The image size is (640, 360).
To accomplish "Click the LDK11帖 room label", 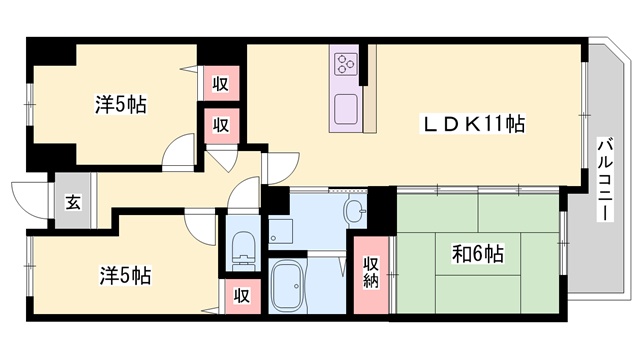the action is (x=473, y=124).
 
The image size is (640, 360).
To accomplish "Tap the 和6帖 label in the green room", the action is (x=478, y=254).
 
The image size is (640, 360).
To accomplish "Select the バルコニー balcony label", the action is (x=606, y=180).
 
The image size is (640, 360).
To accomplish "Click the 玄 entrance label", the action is (x=73, y=202).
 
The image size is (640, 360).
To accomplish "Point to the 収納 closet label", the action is (x=371, y=272).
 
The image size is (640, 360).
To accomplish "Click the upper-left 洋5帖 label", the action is (x=121, y=104).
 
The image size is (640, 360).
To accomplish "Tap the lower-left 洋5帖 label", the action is (x=125, y=276).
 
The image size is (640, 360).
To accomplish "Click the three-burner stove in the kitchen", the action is (x=346, y=64).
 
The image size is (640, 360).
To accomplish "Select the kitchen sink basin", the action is (x=346, y=109).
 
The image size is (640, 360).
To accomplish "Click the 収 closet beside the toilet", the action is (x=240, y=296).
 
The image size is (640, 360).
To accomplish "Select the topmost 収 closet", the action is (x=220, y=83).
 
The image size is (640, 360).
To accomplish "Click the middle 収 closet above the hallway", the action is (x=221, y=126).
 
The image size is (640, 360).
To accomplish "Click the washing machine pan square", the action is (x=280, y=231).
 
